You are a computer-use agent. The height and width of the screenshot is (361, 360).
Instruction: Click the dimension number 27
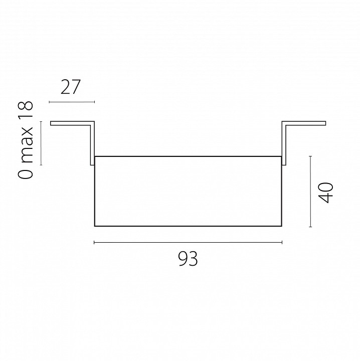click(70, 87)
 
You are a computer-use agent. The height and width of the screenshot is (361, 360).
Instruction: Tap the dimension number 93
click(188, 259)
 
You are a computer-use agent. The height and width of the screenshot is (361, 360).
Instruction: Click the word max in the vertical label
click(26, 145)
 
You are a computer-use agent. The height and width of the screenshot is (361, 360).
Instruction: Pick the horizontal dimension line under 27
click(72, 102)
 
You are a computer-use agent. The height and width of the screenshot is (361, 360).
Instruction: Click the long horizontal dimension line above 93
click(188, 242)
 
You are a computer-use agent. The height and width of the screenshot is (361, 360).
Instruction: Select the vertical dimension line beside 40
click(311, 192)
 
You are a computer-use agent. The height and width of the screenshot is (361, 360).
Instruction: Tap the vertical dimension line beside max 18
click(41, 143)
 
